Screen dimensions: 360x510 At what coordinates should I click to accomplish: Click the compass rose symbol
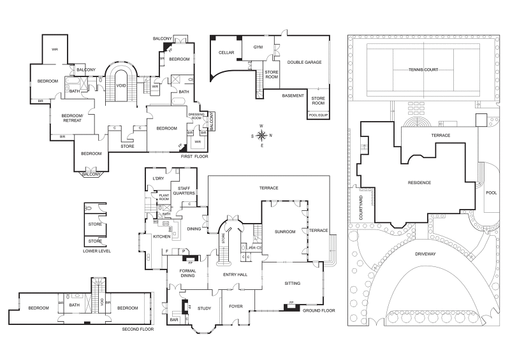[262, 135]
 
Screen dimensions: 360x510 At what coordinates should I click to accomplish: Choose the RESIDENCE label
[419, 183]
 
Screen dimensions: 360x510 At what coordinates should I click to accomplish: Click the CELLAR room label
[226, 52]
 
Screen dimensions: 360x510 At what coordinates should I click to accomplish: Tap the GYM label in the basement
[258, 47]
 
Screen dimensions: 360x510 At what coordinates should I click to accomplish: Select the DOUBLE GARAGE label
[304, 62]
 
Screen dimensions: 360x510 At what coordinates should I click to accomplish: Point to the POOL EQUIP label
[317, 115]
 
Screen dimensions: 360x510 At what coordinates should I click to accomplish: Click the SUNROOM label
[284, 232]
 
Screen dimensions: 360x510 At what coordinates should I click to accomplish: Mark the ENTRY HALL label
[235, 275]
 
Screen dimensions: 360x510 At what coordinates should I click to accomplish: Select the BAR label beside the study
[174, 320]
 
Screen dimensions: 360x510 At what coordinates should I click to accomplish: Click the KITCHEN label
[162, 236]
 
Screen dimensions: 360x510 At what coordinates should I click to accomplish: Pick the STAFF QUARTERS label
[185, 190]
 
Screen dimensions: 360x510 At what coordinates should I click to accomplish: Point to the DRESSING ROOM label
[196, 116]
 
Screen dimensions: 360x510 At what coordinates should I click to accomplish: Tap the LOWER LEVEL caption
[97, 251]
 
